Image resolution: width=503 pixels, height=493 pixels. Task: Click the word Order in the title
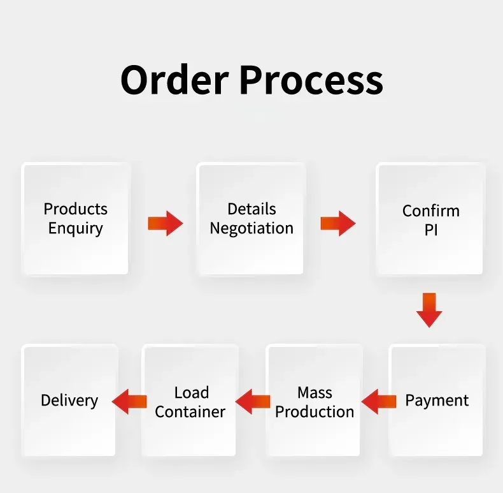tap(174, 80)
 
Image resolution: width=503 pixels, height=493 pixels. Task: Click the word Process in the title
tap(311, 80)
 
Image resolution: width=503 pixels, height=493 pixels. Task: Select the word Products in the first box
tap(76, 209)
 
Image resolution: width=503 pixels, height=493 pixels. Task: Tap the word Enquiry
tap(76, 228)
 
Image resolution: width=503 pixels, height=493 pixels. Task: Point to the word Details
tap(251, 209)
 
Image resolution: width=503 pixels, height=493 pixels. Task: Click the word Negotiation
tap(251, 228)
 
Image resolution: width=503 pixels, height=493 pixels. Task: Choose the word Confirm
tap(430, 210)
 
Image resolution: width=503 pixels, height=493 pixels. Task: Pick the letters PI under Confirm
tap(431, 230)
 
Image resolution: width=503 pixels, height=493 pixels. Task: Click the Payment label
tap(437, 401)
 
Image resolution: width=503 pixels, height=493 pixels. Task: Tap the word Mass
tap(315, 392)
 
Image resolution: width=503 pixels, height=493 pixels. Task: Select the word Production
tap(315, 411)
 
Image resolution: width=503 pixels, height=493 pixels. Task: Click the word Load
tap(191, 392)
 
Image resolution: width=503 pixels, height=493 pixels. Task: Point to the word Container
tap(190, 412)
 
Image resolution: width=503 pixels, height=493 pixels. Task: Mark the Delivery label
tap(69, 401)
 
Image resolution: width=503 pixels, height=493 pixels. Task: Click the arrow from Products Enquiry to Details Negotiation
tap(166, 223)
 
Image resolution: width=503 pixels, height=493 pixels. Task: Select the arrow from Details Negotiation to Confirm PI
tap(337, 223)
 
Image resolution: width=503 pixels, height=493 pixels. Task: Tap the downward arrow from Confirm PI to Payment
tap(429, 310)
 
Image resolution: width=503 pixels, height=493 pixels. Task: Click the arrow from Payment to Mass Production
tap(379, 401)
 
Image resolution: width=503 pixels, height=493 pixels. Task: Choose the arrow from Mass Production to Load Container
tap(253, 401)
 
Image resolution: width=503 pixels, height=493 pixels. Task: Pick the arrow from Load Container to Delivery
tap(129, 401)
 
